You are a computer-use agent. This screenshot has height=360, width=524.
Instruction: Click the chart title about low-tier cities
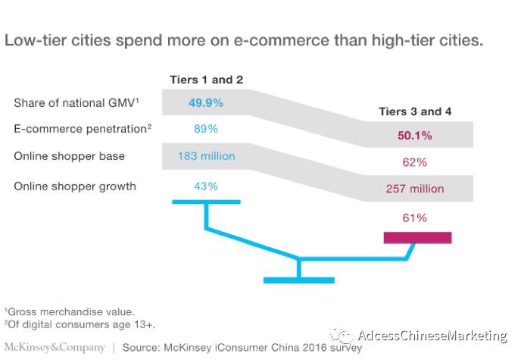(244, 40)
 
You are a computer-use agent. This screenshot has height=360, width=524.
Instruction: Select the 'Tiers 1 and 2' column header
(205, 80)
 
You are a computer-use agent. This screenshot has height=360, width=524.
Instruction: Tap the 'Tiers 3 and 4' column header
(415, 111)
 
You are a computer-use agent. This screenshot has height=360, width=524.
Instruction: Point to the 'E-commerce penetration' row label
(83, 129)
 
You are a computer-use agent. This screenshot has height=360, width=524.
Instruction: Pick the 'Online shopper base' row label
(69, 156)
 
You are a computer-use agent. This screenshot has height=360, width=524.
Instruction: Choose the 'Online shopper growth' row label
(75, 186)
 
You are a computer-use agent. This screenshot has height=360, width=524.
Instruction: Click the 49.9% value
(205, 101)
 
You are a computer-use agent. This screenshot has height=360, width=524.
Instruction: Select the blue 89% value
(205, 129)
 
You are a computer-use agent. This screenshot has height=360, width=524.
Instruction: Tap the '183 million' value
(205, 156)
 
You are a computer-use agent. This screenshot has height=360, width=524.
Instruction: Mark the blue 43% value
(205, 186)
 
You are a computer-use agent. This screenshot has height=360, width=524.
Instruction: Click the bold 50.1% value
(415, 136)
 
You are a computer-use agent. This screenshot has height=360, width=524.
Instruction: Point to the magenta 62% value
(415, 162)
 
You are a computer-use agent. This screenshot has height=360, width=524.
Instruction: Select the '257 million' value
(415, 189)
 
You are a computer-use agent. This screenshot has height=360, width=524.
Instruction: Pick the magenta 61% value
(415, 218)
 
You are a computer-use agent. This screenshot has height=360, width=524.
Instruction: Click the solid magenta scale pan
(417, 238)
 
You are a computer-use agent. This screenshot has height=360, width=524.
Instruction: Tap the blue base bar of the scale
(298, 280)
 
